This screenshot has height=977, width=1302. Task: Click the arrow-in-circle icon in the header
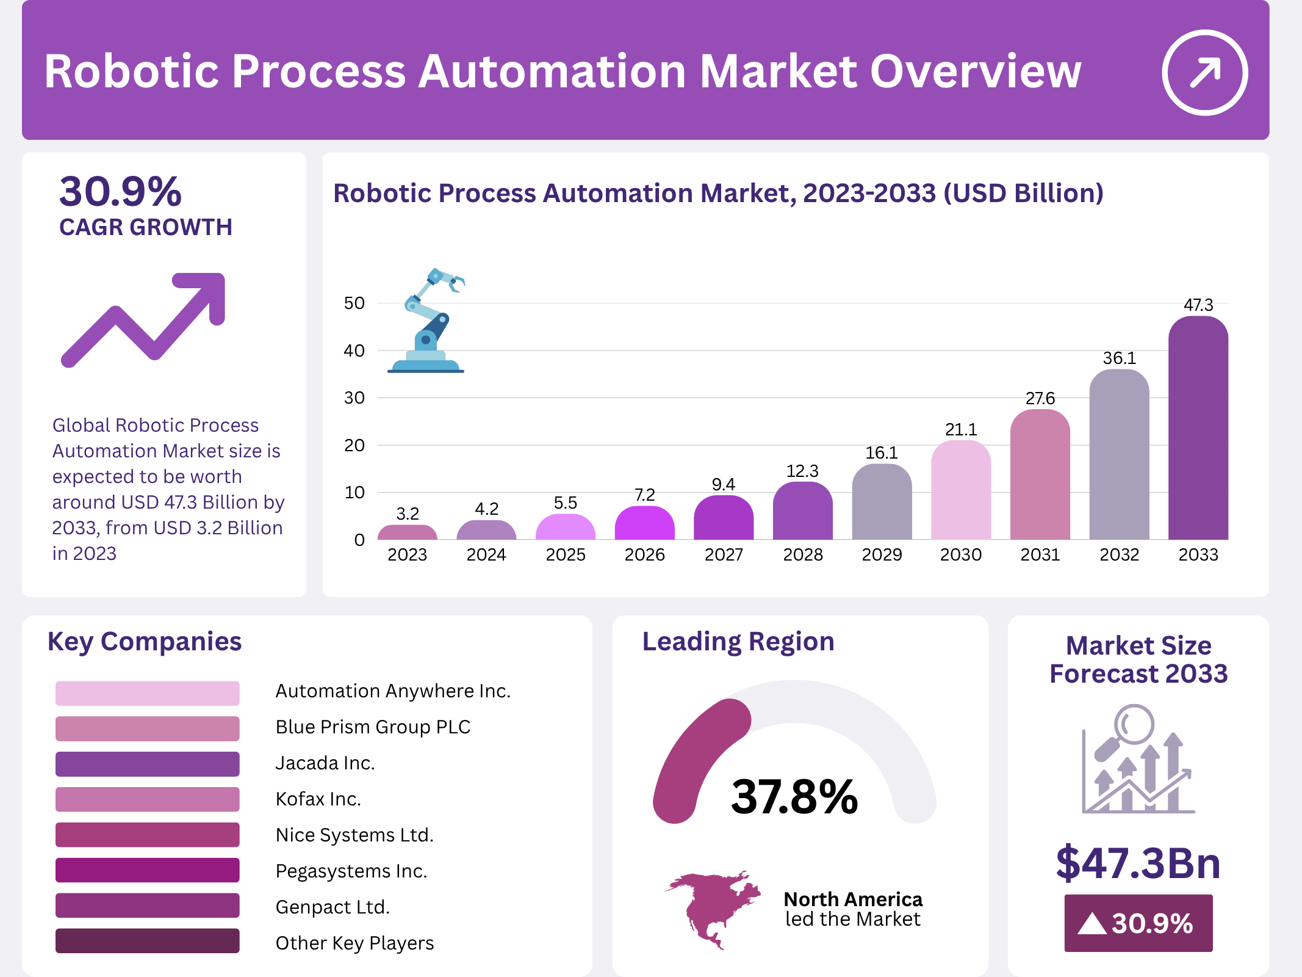(x=1204, y=72)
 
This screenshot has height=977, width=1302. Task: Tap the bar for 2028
(x=802, y=512)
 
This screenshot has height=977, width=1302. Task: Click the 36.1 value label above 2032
(x=1119, y=358)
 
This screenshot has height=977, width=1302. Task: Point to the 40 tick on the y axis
(x=354, y=350)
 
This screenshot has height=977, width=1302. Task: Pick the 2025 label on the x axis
(x=565, y=554)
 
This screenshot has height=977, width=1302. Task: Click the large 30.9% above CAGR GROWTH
(x=121, y=192)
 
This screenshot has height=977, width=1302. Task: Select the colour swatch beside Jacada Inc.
(x=147, y=764)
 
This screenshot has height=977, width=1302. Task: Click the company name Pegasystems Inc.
(x=351, y=871)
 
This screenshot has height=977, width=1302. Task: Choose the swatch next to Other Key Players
(x=147, y=941)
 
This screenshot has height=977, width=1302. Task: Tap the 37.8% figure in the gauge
(x=794, y=797)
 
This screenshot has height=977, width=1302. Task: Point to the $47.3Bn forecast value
(x=1138, y=863)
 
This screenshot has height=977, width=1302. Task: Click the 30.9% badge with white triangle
(x=1138, y=923)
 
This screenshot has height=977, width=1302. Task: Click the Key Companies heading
(x=145, y=642)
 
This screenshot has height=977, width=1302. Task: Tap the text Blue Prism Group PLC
(x=373, y=727)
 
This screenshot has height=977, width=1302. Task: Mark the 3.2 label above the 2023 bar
(x=408, y=514)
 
